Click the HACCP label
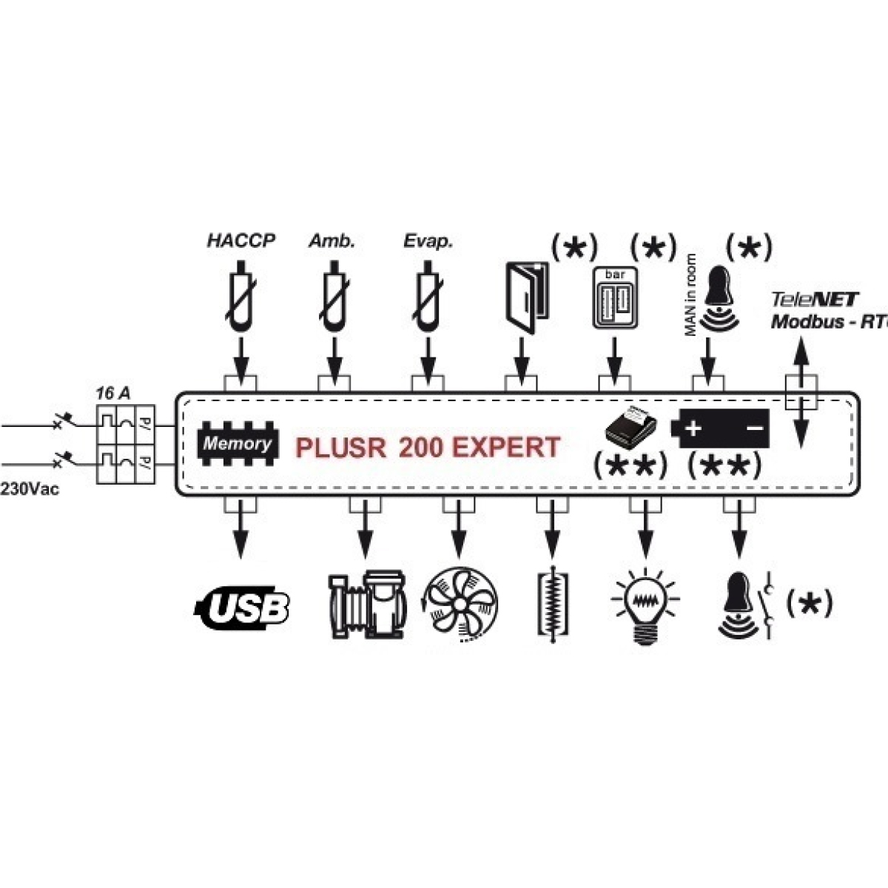coord(240,241)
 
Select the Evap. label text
coord(428,241)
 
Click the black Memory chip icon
coord(236,443)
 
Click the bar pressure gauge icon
coord(615,297)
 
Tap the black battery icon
coord(720,428)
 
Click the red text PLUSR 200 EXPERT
coord(428,448)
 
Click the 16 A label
coord(112,393)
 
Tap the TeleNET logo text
coord(814,300)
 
